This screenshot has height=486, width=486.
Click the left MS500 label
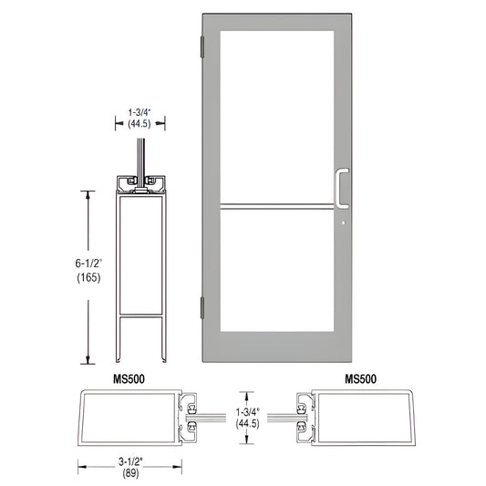point(98,375)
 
